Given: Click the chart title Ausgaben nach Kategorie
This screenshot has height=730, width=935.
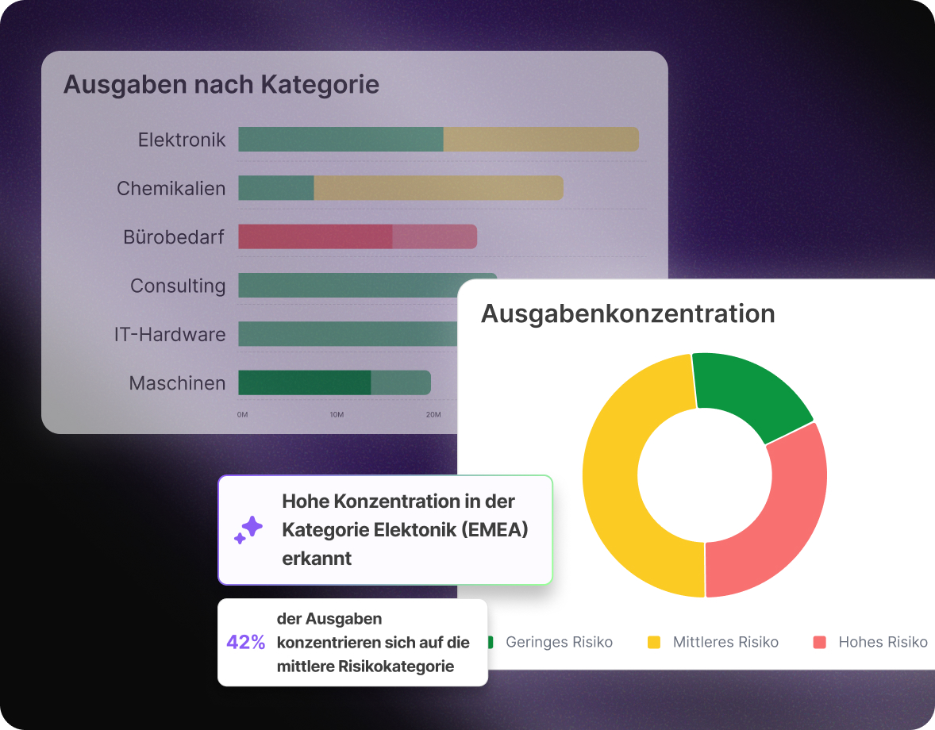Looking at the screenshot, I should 221,84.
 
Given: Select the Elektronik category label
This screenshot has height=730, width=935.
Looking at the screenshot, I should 182,140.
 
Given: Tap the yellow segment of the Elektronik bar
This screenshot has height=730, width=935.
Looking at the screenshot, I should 541,140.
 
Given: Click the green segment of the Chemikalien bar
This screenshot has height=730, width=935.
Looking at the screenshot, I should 275,188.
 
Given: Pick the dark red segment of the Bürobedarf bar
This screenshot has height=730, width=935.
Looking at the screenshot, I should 315,236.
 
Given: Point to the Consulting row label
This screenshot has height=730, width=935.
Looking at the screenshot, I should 178,286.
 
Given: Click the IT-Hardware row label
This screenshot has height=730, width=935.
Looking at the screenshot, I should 170,334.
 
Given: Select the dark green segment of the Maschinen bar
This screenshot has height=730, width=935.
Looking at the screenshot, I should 304,382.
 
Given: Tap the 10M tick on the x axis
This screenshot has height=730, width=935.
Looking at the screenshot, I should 337,415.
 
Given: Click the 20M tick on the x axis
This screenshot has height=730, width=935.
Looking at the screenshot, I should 433,415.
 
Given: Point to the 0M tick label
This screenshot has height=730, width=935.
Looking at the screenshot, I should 243,415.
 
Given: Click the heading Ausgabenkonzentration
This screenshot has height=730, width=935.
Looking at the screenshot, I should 628,313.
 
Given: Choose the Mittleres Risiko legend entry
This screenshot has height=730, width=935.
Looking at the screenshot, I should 725,642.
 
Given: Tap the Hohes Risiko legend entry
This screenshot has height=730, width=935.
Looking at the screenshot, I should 883,642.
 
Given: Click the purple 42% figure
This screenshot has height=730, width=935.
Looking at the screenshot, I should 246,643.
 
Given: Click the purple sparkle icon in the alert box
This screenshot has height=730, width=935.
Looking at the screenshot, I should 248,530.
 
